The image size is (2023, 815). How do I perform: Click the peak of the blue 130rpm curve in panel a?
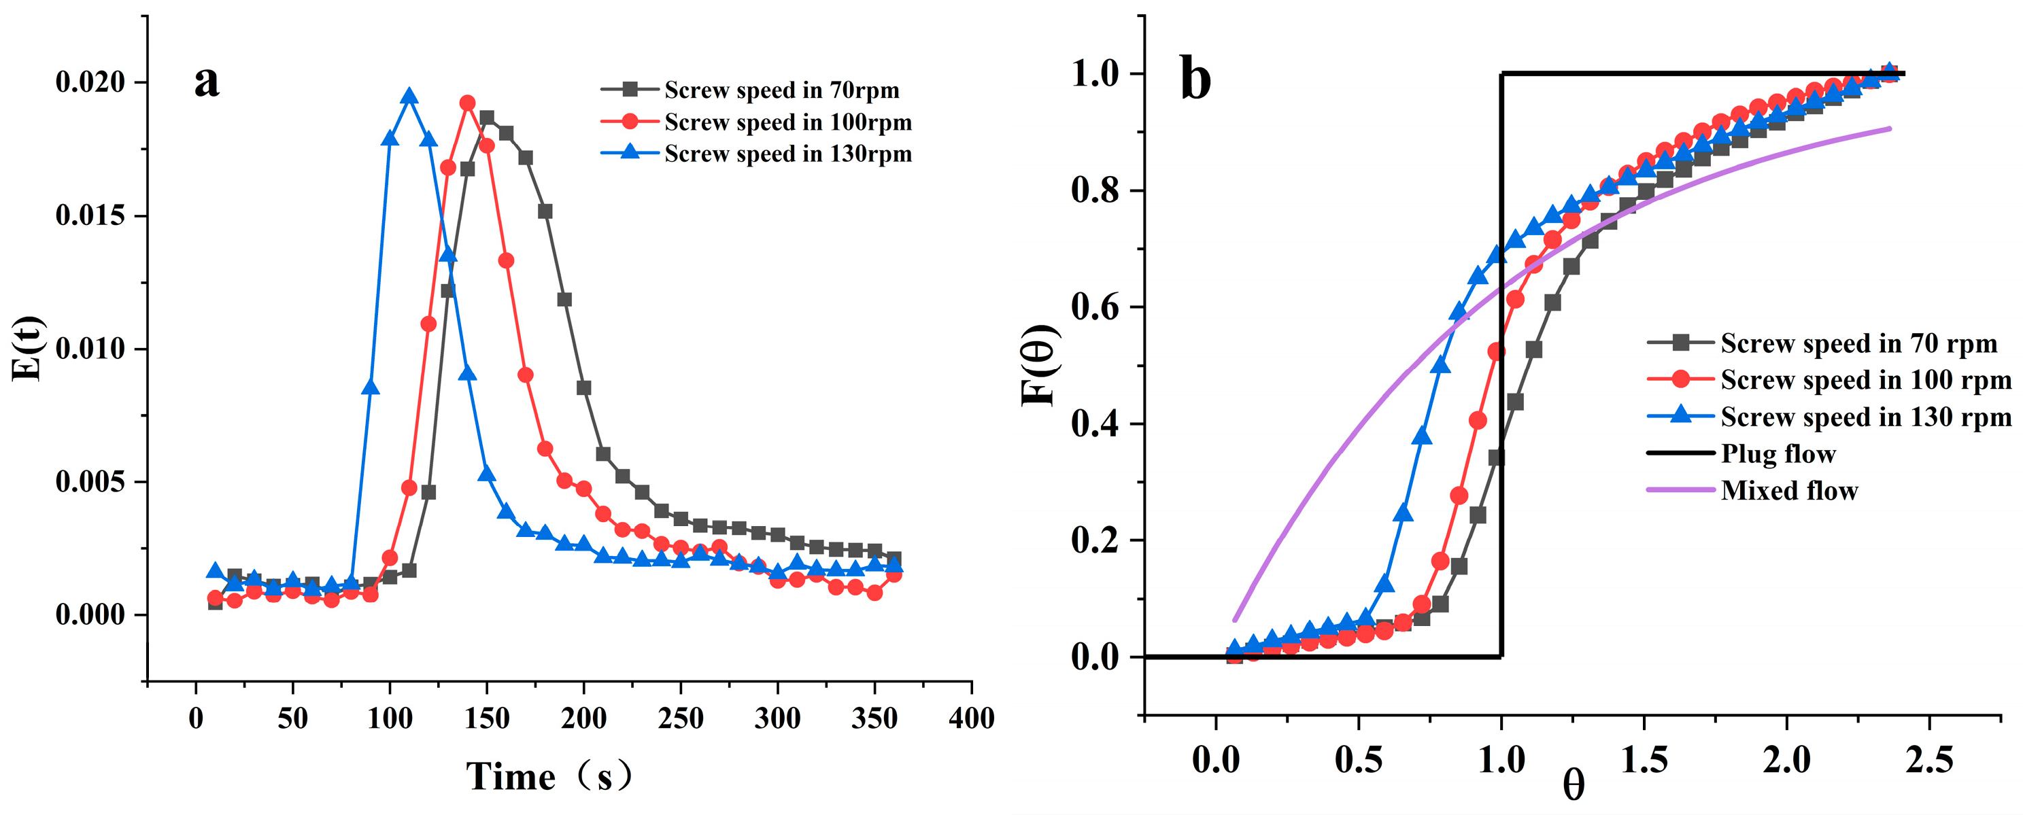click(409, 97)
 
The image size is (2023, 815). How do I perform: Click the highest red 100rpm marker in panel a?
click(467, 103)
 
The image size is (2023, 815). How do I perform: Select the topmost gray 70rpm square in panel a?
click(487, 118)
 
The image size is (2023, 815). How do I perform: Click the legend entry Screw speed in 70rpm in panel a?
click(781, 90)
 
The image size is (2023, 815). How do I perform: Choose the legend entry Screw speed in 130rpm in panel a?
click(787, 154)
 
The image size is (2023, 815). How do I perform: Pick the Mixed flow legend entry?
click(1789, 491)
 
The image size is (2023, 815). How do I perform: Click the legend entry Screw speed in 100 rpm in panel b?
click(1865, 380)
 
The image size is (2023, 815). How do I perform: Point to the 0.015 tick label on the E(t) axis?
click(90, 216)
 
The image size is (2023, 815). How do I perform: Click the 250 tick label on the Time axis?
click(680, 718)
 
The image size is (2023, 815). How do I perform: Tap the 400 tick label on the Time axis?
click(972, 718)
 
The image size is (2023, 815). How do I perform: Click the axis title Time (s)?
click(549, 776)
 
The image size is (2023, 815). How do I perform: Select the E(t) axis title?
click(29, 349)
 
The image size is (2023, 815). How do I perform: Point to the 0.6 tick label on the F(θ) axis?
click(1095, 308)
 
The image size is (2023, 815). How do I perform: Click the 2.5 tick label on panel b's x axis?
click(1928, 759)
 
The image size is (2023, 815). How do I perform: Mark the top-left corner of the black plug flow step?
click(1502, 75)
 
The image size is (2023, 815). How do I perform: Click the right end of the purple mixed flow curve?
click(1889, 128)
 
